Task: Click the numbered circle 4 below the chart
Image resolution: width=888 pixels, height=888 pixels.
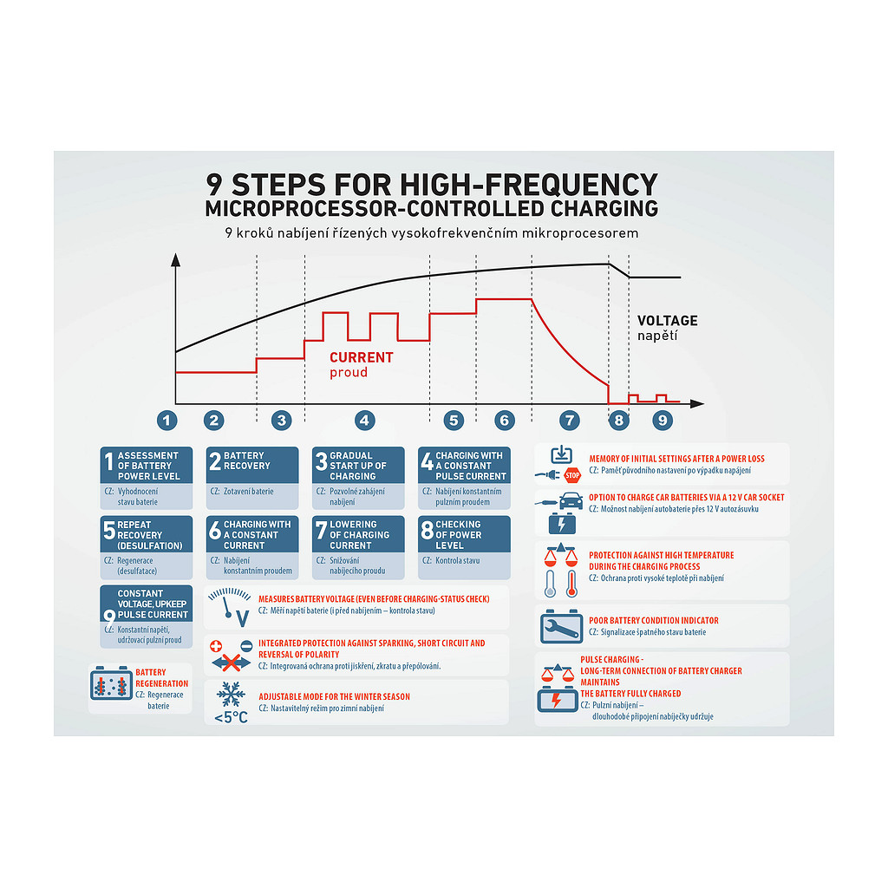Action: click(365, 421)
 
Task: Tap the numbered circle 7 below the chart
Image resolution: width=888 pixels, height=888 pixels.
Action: click(570, 421)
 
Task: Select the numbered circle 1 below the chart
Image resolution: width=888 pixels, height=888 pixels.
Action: click(166, 421)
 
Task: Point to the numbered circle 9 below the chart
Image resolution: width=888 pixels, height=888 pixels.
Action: click(663, 421)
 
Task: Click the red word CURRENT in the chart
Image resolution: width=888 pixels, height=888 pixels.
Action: click(362, 357)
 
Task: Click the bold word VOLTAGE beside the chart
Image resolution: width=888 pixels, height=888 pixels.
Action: click(667, 321)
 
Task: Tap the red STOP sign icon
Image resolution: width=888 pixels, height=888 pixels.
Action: click(572, 475)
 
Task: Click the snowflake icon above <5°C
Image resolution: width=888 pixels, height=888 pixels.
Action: click(231, 695)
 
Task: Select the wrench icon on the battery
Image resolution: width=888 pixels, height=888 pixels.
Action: click(561, 626)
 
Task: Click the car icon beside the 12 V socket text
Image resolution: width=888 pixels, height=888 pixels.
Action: click(571, 501)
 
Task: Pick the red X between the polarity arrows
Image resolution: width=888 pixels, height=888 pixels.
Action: click(231, 662)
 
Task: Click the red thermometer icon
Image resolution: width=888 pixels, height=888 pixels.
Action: click(572, 584)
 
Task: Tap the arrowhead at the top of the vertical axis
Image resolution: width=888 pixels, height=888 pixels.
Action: click(175, 259)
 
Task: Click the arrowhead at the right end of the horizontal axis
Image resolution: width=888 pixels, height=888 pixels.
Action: click(697, 404)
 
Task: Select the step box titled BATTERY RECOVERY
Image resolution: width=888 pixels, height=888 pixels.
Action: click(252, 478)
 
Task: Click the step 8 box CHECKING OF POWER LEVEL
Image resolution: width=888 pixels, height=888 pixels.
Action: click(464, 547)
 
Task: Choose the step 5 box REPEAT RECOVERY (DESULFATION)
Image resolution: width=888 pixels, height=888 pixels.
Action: click(146, 547)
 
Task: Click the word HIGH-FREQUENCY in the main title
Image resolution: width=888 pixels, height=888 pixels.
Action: click(528, 185)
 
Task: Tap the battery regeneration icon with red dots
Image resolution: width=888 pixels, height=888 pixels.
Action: click(111, 683)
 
